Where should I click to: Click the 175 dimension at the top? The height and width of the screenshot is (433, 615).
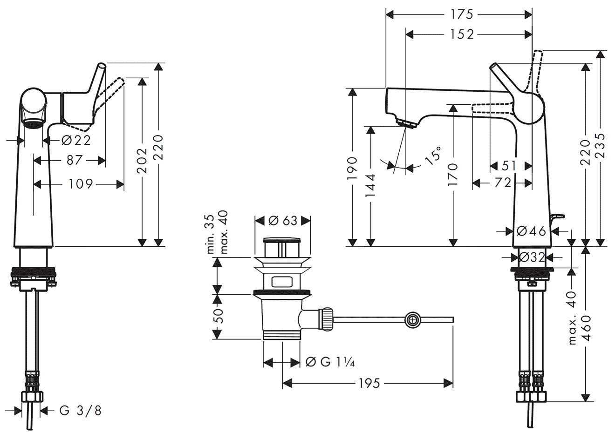coord(462,14)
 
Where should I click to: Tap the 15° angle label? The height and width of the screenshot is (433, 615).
coord(433,156)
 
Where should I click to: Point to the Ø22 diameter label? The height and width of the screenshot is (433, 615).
coord(75,139)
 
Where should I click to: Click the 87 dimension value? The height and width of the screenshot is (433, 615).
coord(74,160)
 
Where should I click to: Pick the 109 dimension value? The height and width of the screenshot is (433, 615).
coord(80,184)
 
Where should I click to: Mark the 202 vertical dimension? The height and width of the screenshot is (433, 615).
coord(143,160)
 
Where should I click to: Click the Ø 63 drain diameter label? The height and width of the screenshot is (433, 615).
coord(283,220)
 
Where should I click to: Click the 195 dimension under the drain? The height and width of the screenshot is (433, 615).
coord(369,383)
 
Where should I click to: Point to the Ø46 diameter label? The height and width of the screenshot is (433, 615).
coord(531,230)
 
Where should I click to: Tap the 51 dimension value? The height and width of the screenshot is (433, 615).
coord(510,165)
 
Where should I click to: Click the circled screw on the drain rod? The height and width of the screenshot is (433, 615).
coord(412,320)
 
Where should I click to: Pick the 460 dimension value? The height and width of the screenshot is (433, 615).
coord(586,328)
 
